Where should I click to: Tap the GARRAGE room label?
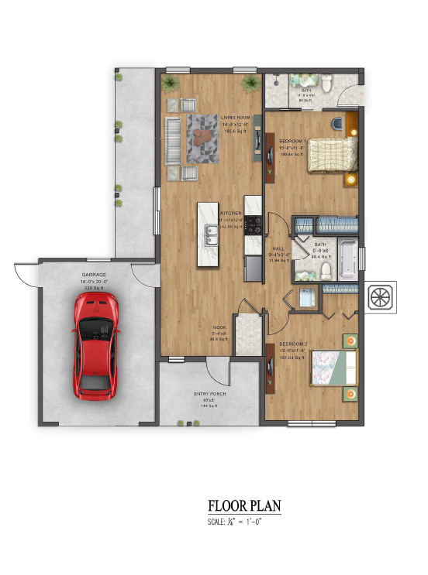94,275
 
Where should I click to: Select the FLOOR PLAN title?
244,506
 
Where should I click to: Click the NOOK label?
219,328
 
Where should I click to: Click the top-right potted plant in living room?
250,81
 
